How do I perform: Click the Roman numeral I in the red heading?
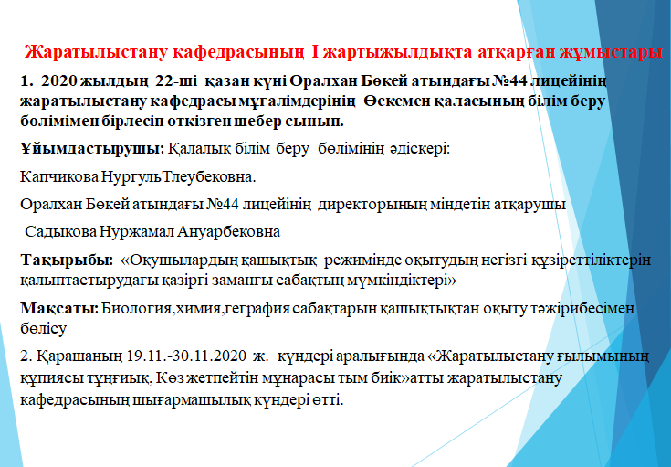click(x=315, y=52)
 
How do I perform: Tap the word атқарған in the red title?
click(x=519, y=52)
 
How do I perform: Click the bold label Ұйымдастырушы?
click(x=92, y=149)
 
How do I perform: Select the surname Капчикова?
click(x=59, y=176)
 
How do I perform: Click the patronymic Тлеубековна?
click(x=209, y=176)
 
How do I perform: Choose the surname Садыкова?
click(x=61, y=232)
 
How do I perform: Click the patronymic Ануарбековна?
click(x=228, y=232)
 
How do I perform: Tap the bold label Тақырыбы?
click(x=68, y=260)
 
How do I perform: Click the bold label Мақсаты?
click(x=59, y=309)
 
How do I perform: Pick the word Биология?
click(x=137, y=309)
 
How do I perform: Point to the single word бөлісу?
click(x=43, y=329)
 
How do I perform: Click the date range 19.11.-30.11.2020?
click(x=187, y=356)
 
